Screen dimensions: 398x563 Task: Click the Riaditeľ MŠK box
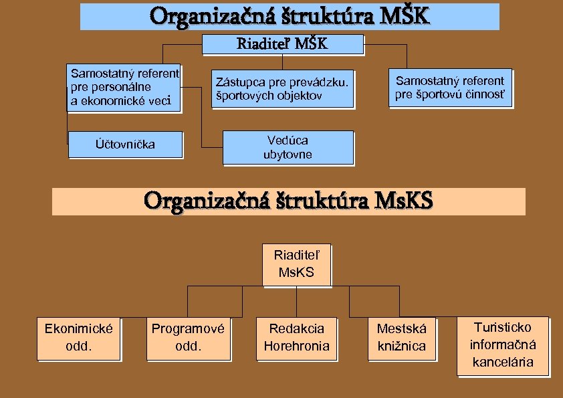click(x=282, y=44)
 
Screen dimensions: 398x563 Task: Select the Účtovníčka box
click(x=125, y=144)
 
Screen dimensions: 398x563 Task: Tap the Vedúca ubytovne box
click(x=288, y=147)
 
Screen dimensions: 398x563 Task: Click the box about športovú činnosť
click(x=450, y=88)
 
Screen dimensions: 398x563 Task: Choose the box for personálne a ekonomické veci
click(x=124, y=87)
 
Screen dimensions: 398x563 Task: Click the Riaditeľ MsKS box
click(x=297, y=264)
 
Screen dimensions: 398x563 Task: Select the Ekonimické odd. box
click(x=78, y=338)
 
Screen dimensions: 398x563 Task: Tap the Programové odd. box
click(x=188, y=338)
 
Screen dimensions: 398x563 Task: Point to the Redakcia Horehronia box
click(x=297, y=338)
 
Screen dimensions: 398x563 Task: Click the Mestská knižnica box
click(x=401, y=338)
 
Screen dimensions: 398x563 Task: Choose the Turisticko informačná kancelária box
click(x=502, y=345)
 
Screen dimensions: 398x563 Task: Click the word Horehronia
click(x=297, y=346)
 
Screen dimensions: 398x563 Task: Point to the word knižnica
click(x=401, y=346)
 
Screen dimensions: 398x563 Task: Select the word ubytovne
click(x=288, y=155)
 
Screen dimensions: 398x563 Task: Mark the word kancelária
click(x=503, y=363)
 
